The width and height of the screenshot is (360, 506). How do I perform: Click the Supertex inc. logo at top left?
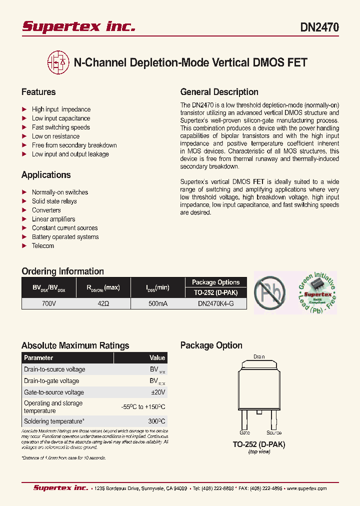78,26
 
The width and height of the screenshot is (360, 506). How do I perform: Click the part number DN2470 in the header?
319,27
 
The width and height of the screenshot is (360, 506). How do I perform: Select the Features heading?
38,92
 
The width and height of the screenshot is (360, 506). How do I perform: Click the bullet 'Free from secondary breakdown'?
74,145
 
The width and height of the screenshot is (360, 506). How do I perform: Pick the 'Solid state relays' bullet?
54,201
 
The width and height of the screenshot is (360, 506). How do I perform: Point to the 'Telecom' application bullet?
42,246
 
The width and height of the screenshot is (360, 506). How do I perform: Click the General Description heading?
219,92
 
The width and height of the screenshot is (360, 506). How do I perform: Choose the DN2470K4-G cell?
215,303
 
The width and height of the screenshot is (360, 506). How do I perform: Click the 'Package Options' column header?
215,282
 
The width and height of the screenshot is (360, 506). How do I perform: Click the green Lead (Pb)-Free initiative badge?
316,293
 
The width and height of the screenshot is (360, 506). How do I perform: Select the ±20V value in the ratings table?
157,392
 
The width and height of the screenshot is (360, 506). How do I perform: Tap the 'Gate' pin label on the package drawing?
244,433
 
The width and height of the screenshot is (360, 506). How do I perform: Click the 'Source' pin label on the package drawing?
273,433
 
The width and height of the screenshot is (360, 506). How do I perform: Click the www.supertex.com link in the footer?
306,488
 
